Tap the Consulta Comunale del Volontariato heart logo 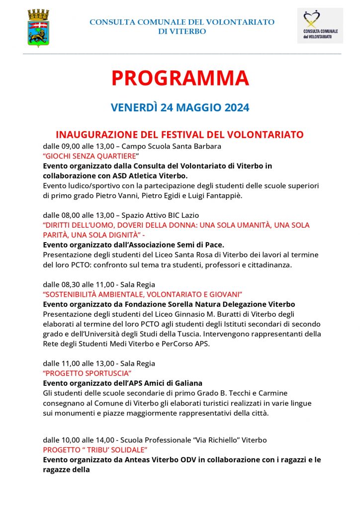tap(320, 25)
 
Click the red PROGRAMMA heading tap(180, 79)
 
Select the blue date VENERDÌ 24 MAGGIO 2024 tap(180, 107)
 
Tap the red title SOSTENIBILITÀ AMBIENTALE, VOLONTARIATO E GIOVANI tap(142, 294)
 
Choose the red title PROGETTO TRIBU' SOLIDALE tap(95, 450)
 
